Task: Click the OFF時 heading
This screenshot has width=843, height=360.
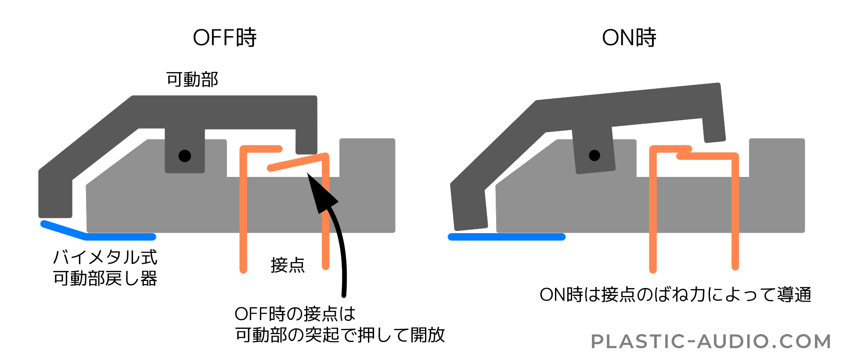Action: [224, 38]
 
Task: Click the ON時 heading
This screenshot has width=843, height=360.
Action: [629, 38]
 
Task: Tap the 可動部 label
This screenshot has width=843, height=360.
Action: [192, 80]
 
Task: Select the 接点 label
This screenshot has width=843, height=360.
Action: [288, 265]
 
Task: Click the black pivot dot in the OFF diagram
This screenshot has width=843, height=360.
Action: [184, 155]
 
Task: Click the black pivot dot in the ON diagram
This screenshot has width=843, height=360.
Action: [594, 155]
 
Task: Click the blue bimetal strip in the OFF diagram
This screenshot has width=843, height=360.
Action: [119, 237]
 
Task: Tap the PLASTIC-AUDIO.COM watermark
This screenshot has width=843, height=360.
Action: [711, 341]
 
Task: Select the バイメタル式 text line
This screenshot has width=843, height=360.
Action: [105, 257]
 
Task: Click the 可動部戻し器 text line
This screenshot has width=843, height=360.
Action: [105, 278]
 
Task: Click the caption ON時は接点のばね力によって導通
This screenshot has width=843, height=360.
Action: [675, 295]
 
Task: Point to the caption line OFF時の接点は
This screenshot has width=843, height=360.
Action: [295, 314]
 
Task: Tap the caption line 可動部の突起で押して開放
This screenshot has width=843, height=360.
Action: [340, 335]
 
